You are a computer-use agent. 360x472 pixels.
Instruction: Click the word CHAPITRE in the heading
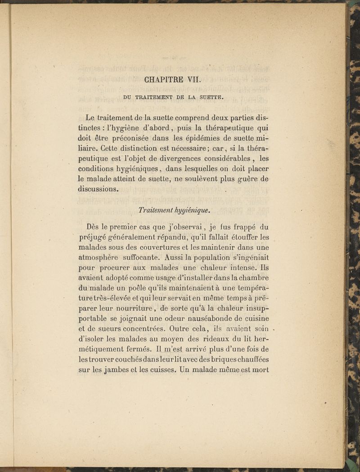coord(164,81)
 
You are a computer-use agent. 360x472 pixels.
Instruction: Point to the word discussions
coord(98,189)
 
